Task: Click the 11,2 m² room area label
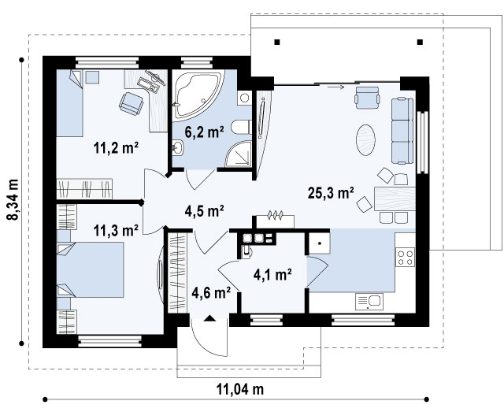pyautogui.click(x=116, y=147)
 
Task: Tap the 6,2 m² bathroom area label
pyautogui.click(x=204, y=132)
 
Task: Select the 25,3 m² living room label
pyautogui.click(x=331, y=193)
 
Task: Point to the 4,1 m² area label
pyautogui.click(x=272, y=275)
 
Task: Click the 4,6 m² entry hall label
pyautogui.click(x=211, y=292)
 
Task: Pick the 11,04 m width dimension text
pyautogui.click(x=240, y=389)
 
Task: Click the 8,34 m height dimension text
pyautogui.click(x=13, y=199)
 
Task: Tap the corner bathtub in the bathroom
pyautogui.click(x=197, y=95)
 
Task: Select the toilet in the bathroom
pyautogui.click(x=242, y=128)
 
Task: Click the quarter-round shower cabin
pyautogui.click(x=238, y=154)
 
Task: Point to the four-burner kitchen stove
pyautogui.click(x=405, y=257)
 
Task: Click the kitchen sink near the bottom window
pyautogui.click(x=369, y=302)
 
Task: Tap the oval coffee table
pyautogui.click(x=365, y=140)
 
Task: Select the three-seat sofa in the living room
pyautogui.click(x=402, y=131)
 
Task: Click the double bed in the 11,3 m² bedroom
pyautogui.click(x=91, y=270)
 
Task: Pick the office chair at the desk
pyautogui.click(x=132, y=103)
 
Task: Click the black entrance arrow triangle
pyautogui.click(x=210, y=318)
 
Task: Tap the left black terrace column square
pyautogui.click(x=277, y=42)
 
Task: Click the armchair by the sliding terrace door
pyautogui.click(x=368, y=98)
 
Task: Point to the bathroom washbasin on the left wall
pyautogui.click(x=177, y=148)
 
